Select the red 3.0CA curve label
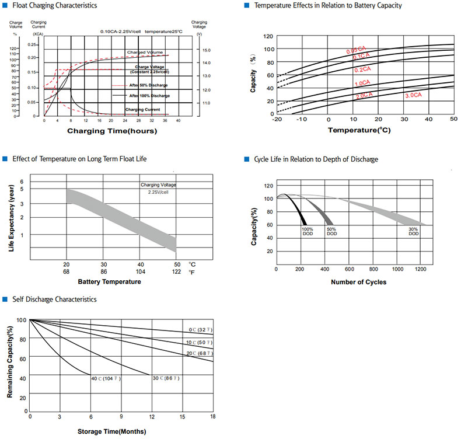pos(414,95)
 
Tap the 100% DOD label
pos(308,231)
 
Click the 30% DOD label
pos(413,231)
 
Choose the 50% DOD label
pos(331,231)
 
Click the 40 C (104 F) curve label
pos(105,379)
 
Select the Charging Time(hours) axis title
pos(111,131)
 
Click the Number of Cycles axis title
pos(358,282)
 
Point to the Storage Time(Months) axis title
pos(111,432)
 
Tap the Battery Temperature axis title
pos(109,282)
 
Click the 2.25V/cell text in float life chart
pos(158,192)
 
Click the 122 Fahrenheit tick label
pos(176,272)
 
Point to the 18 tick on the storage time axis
pos(213,416)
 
